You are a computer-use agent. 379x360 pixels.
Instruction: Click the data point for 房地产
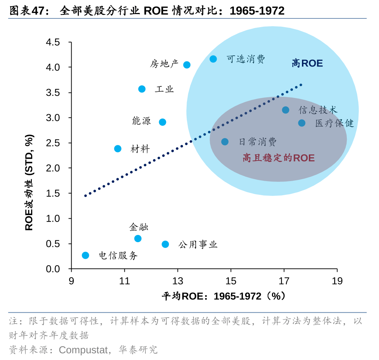coord(187,65)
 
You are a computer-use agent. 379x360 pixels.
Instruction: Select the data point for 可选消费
coord(213,59)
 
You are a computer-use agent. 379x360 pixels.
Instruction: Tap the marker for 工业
coord(142,89)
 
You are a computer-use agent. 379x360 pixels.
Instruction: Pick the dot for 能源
coord(162,122)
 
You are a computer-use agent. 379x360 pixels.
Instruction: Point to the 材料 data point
coord(118,149)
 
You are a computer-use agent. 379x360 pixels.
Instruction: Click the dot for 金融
coord(138,239)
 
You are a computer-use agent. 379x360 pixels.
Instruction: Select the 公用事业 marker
coord(165,244)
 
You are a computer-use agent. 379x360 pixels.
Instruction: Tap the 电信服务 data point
coord(85,255)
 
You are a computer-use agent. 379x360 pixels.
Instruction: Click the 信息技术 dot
coord(285,110)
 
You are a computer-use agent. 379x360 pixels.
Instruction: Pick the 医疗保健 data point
coord(302,123)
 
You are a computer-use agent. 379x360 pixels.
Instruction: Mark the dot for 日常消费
coord(225,142)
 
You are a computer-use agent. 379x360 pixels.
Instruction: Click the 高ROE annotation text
coord(307,64)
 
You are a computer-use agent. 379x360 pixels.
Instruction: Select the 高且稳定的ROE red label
coord(278,158)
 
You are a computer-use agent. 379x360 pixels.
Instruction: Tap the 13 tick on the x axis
coord(178,281)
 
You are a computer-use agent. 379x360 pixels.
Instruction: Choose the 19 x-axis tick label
coord(337,281)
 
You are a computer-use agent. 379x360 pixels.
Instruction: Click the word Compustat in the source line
coord(84,350)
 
